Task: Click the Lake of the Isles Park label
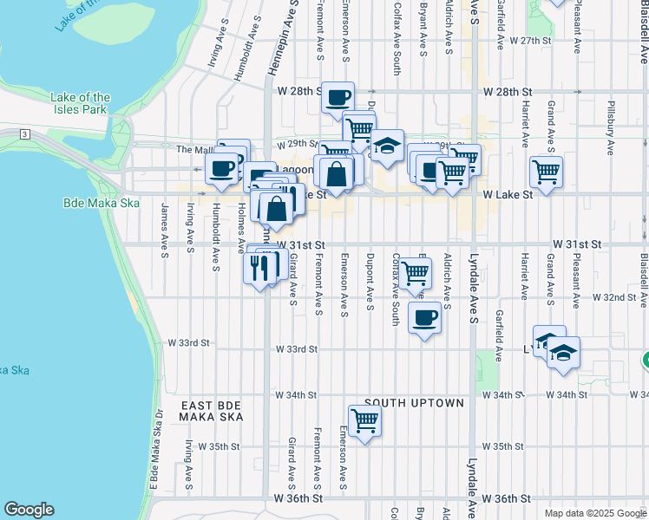[80, 104]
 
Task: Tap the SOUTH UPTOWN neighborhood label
[414, 403]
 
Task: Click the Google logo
[29, 510]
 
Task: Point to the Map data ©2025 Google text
[594, 513]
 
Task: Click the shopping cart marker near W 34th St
[365, 421]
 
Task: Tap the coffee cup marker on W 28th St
[338, 97]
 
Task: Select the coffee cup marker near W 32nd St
[423, 317]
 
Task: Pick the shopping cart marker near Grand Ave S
[546, 172]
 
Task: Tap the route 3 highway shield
[25, 134]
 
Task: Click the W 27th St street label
[531, 41]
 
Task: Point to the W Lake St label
[508, 195]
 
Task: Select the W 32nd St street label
[614, 296]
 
